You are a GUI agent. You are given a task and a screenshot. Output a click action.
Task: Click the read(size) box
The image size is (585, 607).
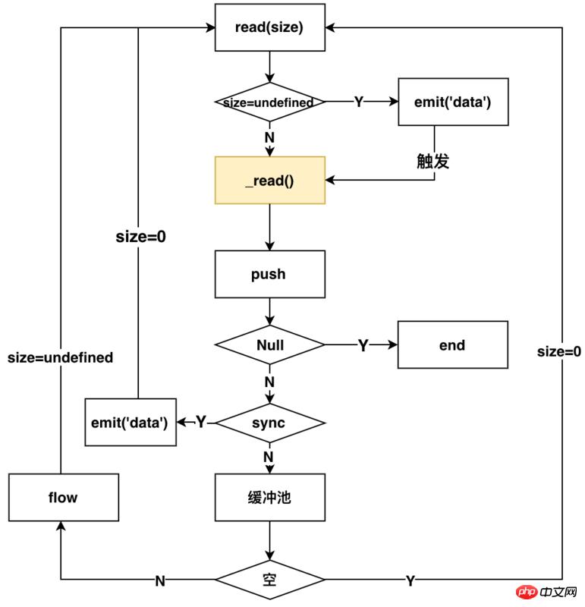tap(269, 28)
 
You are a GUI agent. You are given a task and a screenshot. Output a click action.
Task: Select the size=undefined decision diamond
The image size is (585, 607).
tap(269, 102)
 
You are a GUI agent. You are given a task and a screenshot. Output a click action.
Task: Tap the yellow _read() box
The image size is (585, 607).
tap(269, 181)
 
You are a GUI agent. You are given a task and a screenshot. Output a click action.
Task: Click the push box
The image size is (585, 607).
tap(269, 274)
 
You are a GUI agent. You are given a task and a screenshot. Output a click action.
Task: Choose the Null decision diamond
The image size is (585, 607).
tap(269, 345)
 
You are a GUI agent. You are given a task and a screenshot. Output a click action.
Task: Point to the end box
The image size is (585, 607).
tap(452, 345)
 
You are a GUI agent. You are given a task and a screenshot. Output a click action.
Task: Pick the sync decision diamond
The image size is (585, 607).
tap(269, 422)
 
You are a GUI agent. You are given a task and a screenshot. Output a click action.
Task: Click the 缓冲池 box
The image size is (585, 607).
tap(269, 498)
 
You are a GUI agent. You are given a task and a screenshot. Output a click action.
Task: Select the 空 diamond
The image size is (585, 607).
tap(269, 580)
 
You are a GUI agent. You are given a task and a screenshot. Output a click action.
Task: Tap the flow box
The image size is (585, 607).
tap(64, 498)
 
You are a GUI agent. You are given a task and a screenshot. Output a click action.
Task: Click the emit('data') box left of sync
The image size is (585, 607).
tap(130, 422)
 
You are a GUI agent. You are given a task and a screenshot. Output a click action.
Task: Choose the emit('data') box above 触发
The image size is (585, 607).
tap(453, 102)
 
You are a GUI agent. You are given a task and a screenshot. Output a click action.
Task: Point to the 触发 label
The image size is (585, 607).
tap(435, 161)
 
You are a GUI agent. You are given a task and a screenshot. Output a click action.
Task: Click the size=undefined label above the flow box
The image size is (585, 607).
tap(61, 357)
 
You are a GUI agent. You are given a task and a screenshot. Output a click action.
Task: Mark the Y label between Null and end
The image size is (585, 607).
tap(363, 346)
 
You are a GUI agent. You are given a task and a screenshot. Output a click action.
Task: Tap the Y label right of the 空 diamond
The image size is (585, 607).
tap(410, 581)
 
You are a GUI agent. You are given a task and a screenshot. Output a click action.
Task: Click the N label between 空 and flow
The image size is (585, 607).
tap(160, 581)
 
